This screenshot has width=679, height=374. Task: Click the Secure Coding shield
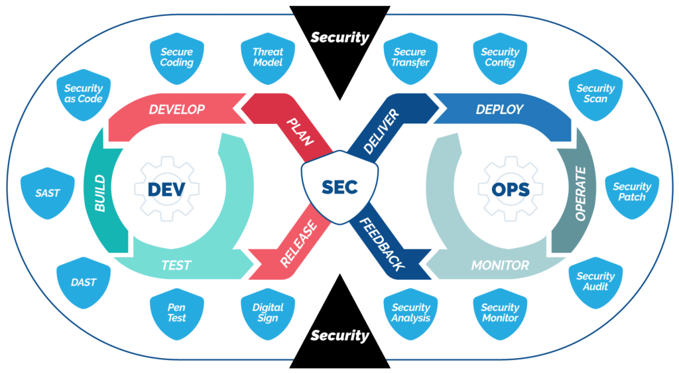(176, 58)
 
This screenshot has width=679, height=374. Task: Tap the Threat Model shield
(268, 58)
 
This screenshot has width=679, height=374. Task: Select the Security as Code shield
(84, 93)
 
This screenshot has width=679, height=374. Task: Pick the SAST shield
(47, 194)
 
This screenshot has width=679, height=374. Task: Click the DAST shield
(84, 282)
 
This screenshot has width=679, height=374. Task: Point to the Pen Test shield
(176, 312)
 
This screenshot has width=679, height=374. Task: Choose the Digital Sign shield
(268, 312)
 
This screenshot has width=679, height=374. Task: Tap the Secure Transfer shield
(410, 58)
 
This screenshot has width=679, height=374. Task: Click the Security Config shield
(500, 58)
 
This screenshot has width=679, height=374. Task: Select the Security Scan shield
(595, 93)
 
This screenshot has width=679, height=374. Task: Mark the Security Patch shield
(632, 192)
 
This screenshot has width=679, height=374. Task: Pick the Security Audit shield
(595, 282)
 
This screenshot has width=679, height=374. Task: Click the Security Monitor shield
(500, 312)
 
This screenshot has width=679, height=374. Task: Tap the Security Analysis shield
(410, 312)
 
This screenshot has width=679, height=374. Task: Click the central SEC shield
(339, 188)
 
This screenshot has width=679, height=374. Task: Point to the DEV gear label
(166, 190)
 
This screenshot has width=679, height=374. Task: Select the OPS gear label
(511, 190)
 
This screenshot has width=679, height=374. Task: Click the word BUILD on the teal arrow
(101, 193)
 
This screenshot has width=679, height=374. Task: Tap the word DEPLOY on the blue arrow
(499, 109)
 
